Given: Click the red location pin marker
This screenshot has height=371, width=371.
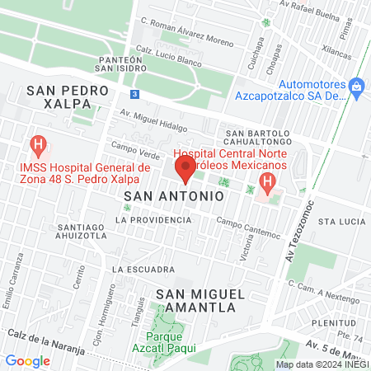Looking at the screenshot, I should pos(185,171).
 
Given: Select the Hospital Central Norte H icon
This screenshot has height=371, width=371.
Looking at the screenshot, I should pos(266,182).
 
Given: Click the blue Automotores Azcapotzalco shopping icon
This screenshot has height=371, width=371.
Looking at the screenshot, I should pos(356,85).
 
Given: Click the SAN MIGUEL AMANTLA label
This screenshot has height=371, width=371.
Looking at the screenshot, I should pos(196,300).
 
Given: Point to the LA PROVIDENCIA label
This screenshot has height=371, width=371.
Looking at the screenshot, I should pos(153,220).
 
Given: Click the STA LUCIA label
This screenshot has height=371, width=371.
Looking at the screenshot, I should pos(340,222).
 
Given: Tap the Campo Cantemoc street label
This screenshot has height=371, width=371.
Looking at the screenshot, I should pos(248,221).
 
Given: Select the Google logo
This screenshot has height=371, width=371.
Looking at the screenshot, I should pos(27,360).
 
